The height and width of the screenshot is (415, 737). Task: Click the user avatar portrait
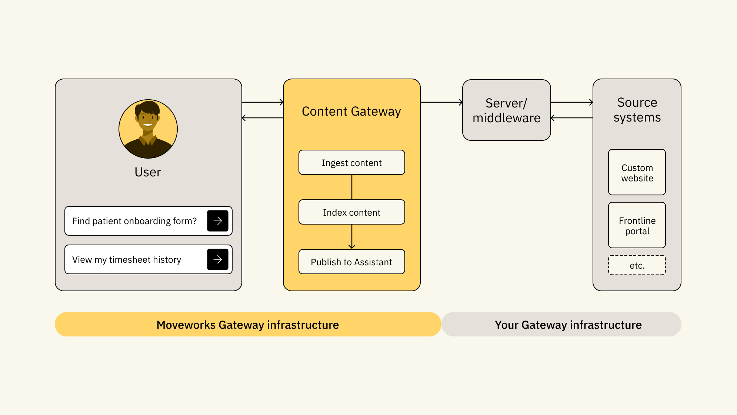point(148,129)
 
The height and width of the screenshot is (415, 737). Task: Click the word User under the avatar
point(148,172)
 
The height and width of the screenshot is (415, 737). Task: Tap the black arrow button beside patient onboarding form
point(218,221)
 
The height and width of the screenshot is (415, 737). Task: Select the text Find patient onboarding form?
point(134,221)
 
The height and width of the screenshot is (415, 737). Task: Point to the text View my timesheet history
point(127,260)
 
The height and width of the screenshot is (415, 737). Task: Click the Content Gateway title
point(351,112)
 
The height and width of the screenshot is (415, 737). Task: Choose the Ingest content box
point(352,163)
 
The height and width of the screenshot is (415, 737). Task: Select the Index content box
point(352,212)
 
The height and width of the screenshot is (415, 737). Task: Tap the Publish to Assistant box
point(352,262)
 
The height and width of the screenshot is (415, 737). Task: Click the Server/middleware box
point(506,110)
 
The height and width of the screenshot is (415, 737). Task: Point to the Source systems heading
point(637,110)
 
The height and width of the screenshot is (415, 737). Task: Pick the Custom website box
point(637,172)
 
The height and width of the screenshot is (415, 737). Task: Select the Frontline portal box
point(637,225)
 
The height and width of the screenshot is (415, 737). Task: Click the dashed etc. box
point(637,265)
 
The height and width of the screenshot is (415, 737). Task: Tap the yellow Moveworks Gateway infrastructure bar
point(248,325)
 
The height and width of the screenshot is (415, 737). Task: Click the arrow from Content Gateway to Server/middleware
point(441,102)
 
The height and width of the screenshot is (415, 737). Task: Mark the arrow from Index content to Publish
point(352,237)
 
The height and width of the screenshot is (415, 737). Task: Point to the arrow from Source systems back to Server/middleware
point(572,118)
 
